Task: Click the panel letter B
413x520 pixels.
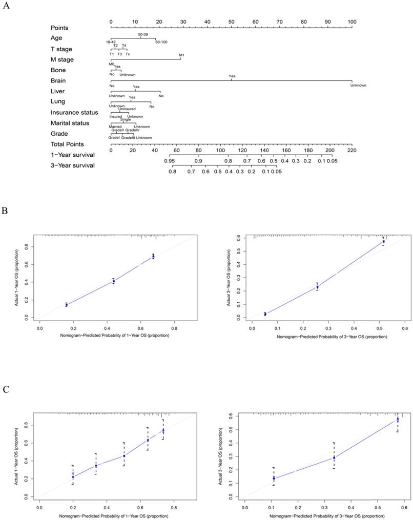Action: pyautogui.click(x=6, y=211)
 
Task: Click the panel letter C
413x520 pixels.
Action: pyautogui.click(x=6, y=389)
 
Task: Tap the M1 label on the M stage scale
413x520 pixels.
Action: pyautogui.click(x=181, y=54)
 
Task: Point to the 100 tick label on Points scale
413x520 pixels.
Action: pyautogui.click(x=352, y=22)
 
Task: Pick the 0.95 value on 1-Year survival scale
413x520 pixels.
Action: pyautogui.click(x=170, y=161)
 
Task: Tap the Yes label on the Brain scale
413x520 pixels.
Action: pyautogui.click(x=232, y=76)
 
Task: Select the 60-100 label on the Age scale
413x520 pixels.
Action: pyautogui.click(x=161, y=42)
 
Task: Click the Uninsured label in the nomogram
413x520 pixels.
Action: pyautogui.click(x=127, y=109)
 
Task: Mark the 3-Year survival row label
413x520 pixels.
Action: pyautogui.click(x=72, y=165)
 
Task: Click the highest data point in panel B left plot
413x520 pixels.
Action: pyautogui.click(x=153, y=256)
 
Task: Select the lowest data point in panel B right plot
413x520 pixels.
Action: pyautogui.click(x=265, y=314)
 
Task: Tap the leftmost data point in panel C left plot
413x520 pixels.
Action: pyautogui.click(x=73, y=476)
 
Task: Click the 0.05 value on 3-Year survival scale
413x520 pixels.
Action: pyautogui.click(x=277, y=172)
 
